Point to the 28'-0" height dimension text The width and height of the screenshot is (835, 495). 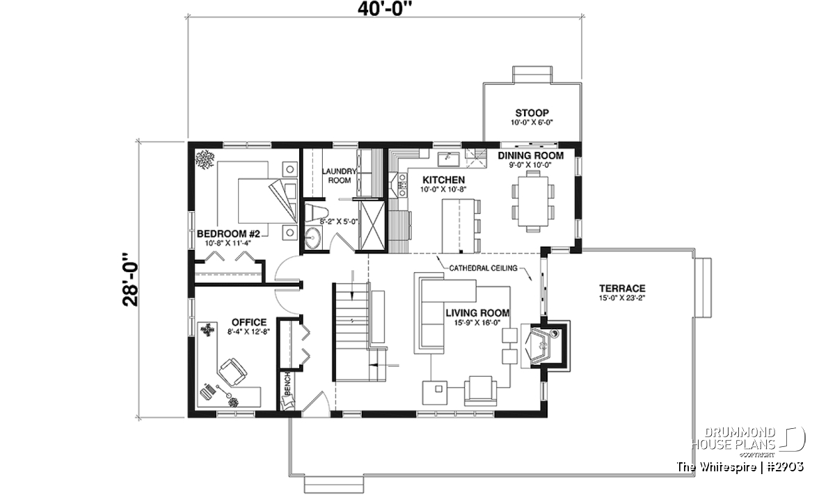[131, 280]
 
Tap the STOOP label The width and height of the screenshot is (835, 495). [532, 113]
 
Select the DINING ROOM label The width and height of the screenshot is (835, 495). [530, 155]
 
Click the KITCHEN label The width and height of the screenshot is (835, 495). [444, 180]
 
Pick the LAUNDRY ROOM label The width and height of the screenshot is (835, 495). [340, 175]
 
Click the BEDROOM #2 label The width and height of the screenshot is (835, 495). [228, 234]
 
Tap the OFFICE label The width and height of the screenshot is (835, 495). [249, 322]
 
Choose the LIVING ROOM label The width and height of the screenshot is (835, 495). [477, 313]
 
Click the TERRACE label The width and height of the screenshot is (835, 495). [622, 288]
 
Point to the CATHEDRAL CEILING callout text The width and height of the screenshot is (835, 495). [483, 268]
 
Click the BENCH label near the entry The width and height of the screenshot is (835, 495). [287, 384]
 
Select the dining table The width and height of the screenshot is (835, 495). [533, 201]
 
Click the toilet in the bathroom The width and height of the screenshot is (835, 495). [316, 212]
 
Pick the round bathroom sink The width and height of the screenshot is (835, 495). [312, 238]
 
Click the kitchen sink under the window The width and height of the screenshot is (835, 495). [450, 159]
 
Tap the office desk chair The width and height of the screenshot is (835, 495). [232, 372]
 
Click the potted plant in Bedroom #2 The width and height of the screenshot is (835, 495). [204, 159]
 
